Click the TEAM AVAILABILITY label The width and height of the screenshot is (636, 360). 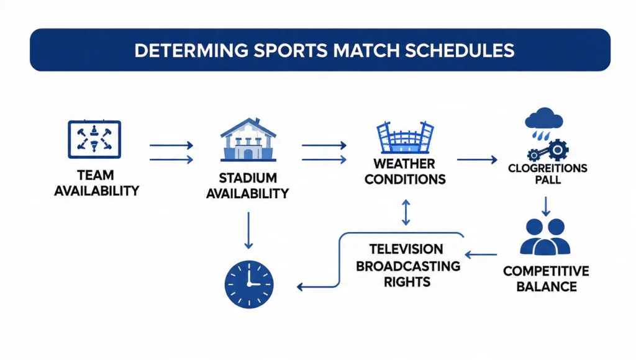96,182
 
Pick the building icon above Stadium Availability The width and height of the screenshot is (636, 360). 248,140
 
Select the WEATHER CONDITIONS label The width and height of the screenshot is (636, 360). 405,171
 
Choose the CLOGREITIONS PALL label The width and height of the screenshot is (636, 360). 547,174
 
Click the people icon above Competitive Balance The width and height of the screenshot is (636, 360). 544,236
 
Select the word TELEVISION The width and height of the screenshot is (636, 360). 406,249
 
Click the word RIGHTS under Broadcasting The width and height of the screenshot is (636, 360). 406,282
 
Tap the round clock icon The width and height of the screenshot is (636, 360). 248,284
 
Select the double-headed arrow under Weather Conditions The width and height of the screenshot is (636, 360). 406,212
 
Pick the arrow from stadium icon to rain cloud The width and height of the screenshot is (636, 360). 477,160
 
